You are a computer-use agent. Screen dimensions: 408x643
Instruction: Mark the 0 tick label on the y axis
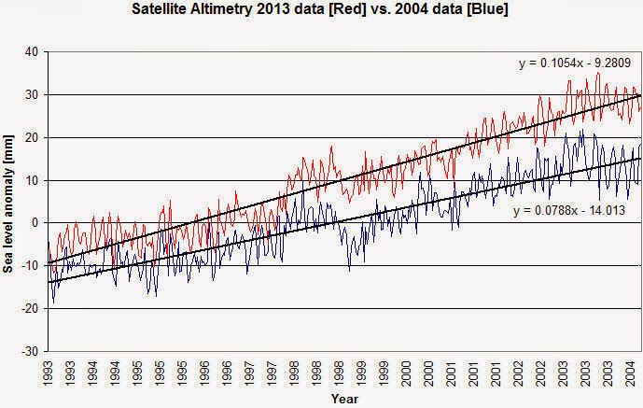click(33, 223)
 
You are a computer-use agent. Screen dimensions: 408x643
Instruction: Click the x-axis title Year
click(342, 399)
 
